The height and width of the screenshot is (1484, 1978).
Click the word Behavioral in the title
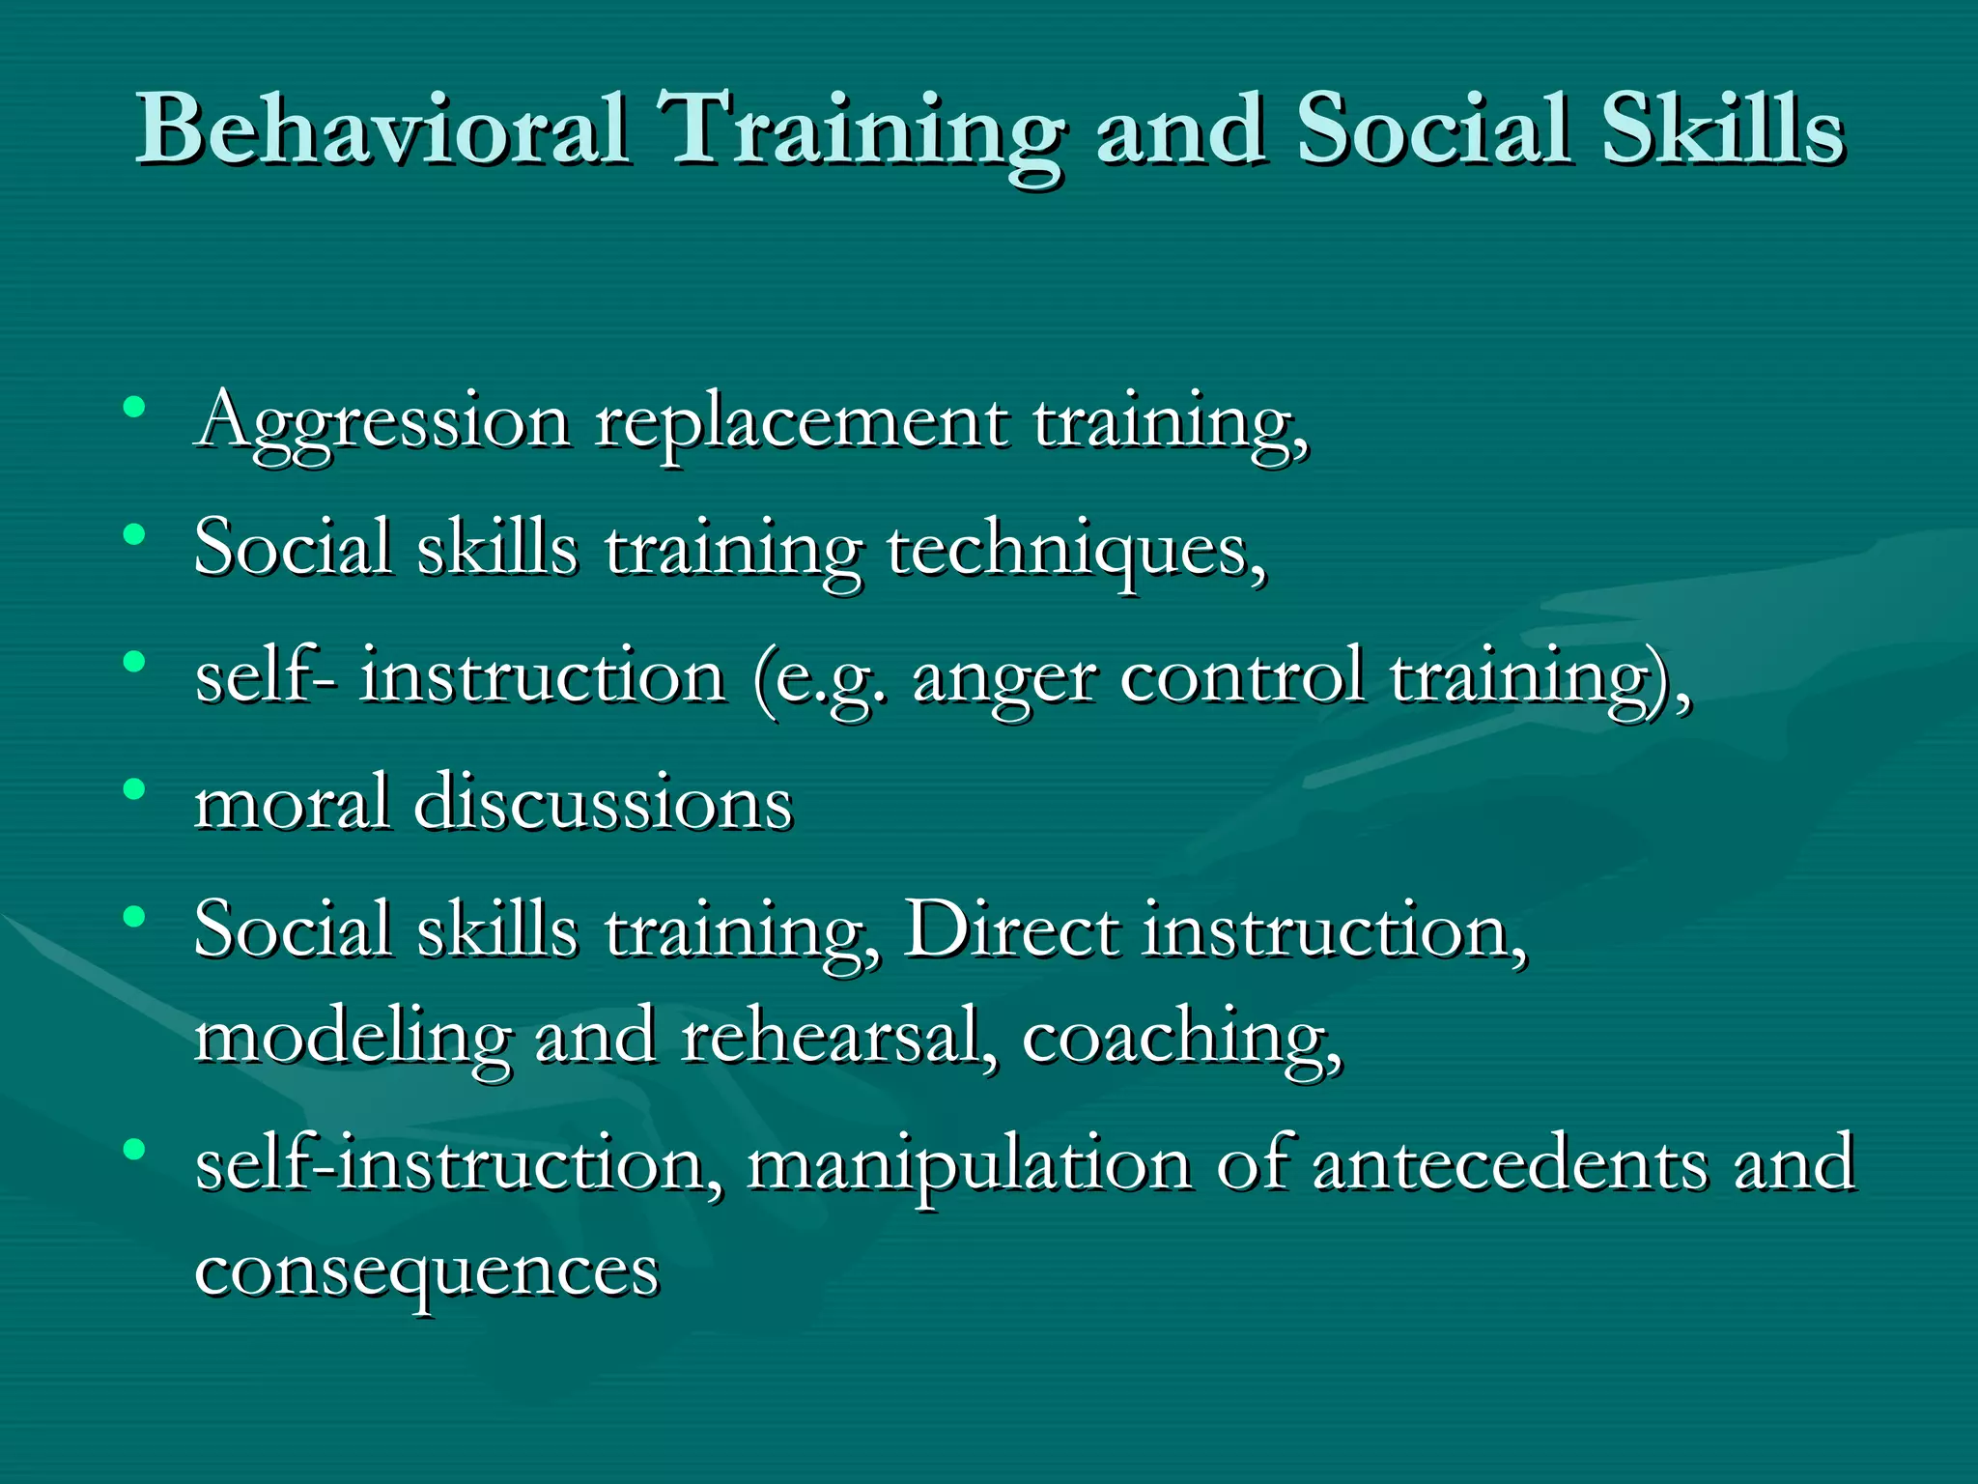tap(382, 130)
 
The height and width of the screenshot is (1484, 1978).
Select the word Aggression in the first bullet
tap(382, 423)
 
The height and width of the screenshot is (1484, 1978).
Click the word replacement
tap(802, 423)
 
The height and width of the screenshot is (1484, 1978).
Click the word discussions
tap(604, 803)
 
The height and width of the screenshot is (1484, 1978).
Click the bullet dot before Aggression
tap(134, 407)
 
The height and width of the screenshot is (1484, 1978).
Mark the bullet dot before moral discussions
tap(134, 789)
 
